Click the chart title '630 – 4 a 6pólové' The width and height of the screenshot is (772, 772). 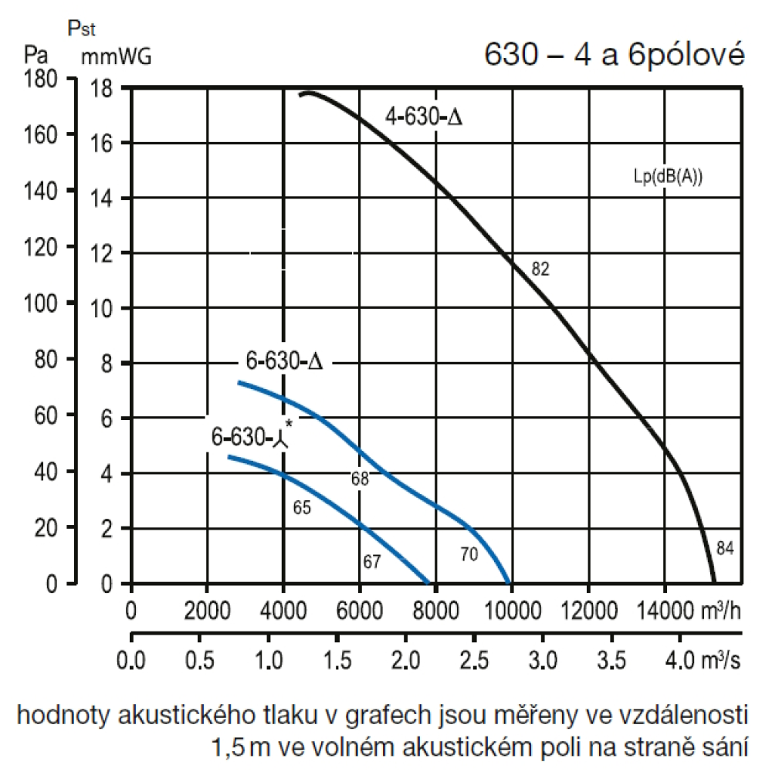[614, 55]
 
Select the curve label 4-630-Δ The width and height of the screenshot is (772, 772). [424, 118]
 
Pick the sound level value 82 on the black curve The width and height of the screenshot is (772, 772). [540, 269]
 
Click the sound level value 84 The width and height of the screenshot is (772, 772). [724, 549]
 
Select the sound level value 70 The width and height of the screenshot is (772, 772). [469, 554]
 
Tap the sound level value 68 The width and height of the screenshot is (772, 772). [360, 479]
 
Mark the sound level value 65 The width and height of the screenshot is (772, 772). [302, 507]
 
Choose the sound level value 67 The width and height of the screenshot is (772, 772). [372, 561]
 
